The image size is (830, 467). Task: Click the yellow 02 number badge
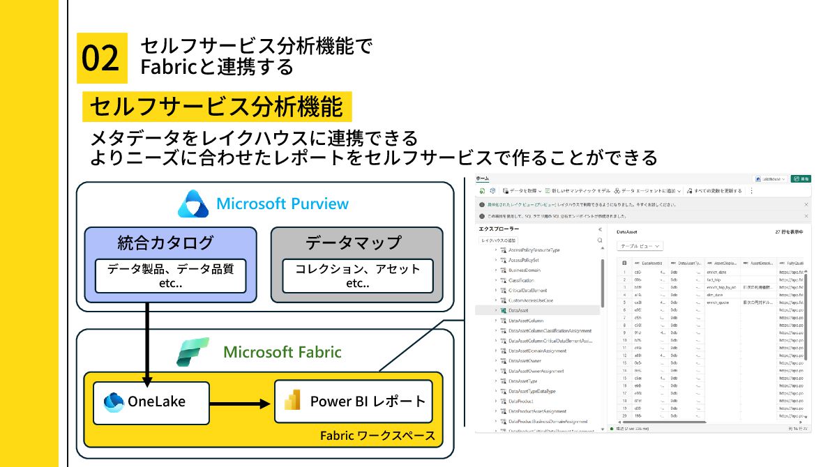click(102, 58)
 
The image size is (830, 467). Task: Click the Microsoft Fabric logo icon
click(193, 351)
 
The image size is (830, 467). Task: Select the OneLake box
click(146, 401)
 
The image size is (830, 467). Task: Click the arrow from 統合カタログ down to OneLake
click(148, 342)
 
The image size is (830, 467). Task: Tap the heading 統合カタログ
click(165, 243)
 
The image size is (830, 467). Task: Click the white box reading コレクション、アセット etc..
click(358, 276)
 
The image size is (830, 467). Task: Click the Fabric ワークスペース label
click(377, 436)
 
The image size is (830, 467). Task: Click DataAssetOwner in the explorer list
click(525, 361)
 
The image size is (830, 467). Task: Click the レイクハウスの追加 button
click(498, 240)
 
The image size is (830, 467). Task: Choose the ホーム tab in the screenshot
click(482, 179)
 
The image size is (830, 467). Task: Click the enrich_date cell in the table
click(717, 273)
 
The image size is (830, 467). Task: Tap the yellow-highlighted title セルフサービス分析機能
click(217, 107)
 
